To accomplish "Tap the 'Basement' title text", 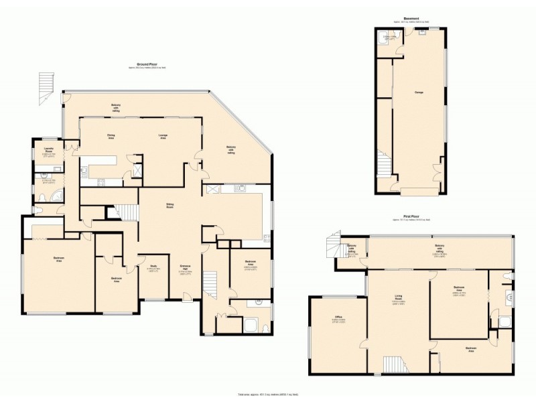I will [x=411, y=19].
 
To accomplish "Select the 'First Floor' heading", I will [x=411, y=216].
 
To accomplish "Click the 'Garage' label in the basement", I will [x=418, y=92].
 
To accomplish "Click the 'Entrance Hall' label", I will [x=186, y=269].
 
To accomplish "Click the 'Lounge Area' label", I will [x=163, y=136].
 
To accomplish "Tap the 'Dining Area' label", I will [x=111, y=136].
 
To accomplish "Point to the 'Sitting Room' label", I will [x=171, y=206].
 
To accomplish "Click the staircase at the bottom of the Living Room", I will [x=392, y=364].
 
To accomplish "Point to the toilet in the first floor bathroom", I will [x=511, y=275].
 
